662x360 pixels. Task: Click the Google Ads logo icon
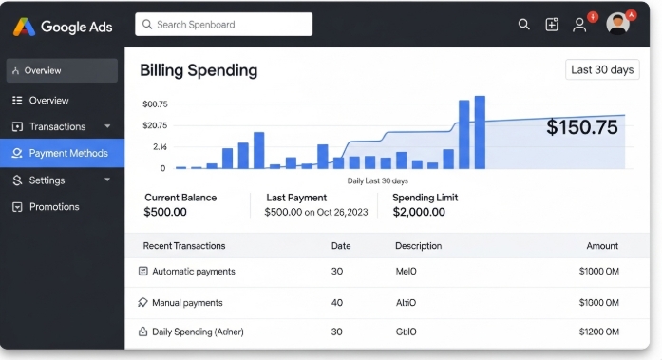click(26, 26)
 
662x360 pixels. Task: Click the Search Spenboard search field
click(223, 24)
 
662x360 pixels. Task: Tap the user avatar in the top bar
click(617, 24)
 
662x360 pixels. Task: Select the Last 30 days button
click(602, 69)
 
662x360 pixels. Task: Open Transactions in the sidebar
click(57, 126)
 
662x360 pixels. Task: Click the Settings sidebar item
click(47, 180)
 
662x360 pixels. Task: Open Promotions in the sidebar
click(54, 206)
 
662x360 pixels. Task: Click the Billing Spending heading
click(199, 70)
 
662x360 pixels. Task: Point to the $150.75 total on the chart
click(581, 127)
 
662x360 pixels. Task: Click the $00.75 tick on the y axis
click(154, 104)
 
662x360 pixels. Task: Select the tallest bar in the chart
click(480, 132)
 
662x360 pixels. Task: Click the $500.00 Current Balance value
click(165, 212)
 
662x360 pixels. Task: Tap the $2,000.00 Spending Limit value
click(419, 212)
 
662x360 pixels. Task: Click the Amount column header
click(602, 246)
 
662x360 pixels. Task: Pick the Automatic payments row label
click(193, 271)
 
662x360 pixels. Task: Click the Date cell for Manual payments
click(336, 303)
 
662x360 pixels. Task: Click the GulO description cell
click(406, 332)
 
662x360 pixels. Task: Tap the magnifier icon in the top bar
click(523, 25)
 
